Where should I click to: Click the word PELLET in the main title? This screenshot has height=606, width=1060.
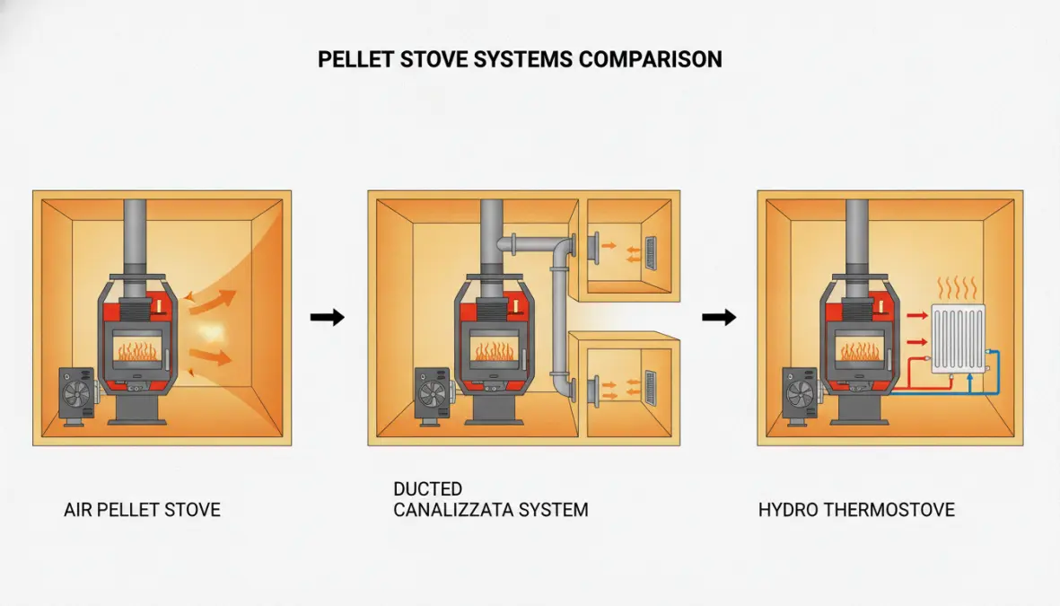tap(355, 59)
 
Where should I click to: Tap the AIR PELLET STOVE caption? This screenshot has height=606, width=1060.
tap(142, 510)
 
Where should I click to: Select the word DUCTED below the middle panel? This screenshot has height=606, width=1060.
tap(428, 489)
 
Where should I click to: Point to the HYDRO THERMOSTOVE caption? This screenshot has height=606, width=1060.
tap(856, 510)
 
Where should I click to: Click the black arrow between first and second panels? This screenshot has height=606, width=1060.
tap(328, 317)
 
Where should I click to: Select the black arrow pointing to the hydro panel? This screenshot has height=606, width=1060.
tap(719, 317)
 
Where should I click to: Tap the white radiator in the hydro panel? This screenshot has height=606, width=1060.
tap(958, 338)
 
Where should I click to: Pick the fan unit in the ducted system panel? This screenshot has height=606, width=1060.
tap(433, 396)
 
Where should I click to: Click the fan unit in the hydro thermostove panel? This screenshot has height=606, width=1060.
tap(801, 396)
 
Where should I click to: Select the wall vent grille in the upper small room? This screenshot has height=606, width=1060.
tap(651, 254)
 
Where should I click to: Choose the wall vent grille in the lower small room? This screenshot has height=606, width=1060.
tap(651, 388)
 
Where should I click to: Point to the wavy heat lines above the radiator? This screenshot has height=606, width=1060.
tap(958, 288)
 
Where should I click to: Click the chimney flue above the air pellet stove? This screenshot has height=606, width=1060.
tap(135, 237)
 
